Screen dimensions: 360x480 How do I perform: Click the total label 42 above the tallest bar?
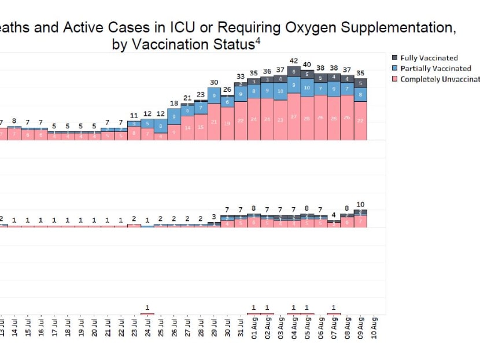point(294,61)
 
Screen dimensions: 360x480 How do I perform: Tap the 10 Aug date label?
point(375,328)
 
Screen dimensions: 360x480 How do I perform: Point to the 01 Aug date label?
point(254,328)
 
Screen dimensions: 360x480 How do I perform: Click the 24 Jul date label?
point(147,328)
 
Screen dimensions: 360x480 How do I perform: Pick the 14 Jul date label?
point(14,328)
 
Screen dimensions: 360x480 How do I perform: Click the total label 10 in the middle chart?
point(360,204)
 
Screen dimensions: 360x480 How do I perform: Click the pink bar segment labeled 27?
point(294,116)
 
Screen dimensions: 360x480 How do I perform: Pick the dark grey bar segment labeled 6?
point(294,72)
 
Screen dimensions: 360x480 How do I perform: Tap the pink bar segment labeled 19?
point(227,123)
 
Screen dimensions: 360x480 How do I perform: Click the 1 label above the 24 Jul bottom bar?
point(147,307)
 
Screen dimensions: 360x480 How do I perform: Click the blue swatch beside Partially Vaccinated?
point(395,68)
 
